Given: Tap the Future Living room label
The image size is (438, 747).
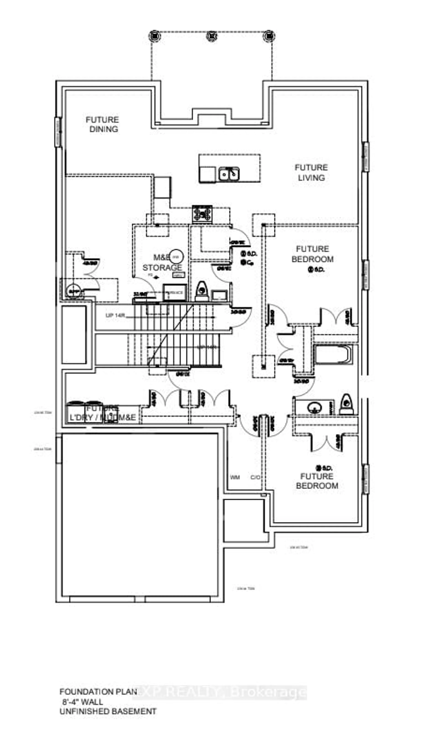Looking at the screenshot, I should pos(311,172).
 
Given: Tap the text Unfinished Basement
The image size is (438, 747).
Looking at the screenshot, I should pos(108,711).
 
